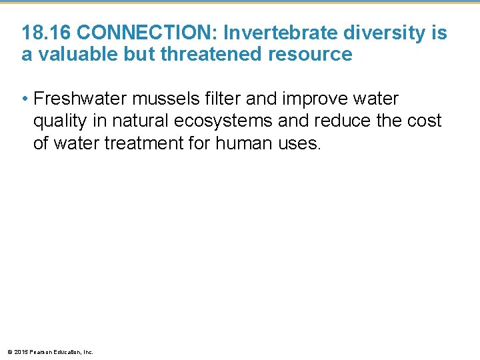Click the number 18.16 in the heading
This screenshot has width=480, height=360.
(43, 33)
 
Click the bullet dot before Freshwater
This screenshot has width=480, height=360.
(25, 100)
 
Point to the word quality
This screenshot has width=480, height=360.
(59, 121)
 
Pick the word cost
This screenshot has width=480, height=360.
(425, 121)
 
